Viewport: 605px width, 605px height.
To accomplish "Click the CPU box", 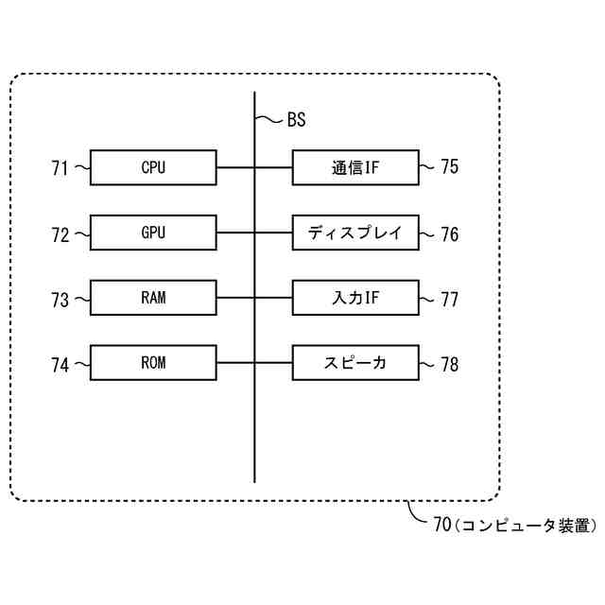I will click(153, 168).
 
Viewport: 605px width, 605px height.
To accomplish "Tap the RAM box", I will click(153, 298).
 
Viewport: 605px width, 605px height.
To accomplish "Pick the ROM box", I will click(153, 363).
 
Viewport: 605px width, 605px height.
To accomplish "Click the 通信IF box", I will click(355, 168).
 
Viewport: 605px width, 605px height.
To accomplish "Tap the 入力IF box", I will click(355, 298).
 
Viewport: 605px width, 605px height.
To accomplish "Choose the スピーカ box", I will click(355, 363).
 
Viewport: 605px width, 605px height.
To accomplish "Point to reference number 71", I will click(60, 169).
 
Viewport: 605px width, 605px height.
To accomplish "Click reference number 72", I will click(60, 234).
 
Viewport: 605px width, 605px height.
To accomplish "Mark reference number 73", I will click(60, 300).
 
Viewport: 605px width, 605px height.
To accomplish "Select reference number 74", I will click(60, 365).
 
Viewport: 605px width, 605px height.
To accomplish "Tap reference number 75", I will click(450, 167).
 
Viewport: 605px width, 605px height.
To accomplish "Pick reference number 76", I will click(450, 234).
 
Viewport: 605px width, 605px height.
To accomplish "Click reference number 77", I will click(450, 300).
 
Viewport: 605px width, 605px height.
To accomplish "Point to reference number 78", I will click(450, 365).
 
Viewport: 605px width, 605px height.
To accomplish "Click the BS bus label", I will click(295, 120).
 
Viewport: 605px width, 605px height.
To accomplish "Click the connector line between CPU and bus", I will click(235, 168).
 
